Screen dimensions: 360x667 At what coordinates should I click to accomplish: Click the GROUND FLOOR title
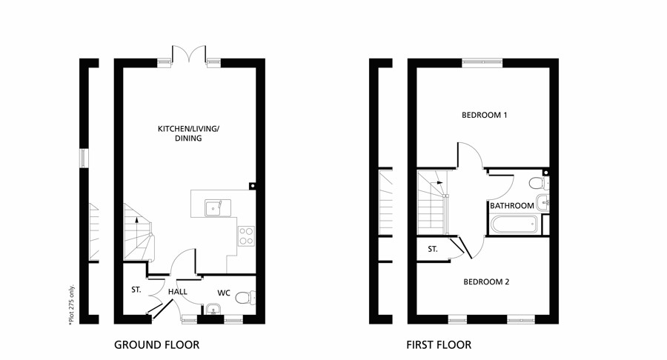click(156, 344)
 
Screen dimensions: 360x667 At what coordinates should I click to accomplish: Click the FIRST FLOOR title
click(438, 344)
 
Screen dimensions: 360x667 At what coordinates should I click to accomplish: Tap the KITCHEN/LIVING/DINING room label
click(188, 133)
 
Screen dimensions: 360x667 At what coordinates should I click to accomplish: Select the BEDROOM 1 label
click(484, 115)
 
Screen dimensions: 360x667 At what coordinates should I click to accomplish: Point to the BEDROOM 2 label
click(485, 281)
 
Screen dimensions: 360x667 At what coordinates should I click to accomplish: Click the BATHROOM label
click(511, 205)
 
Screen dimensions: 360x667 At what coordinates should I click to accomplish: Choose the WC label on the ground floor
click(224, 293)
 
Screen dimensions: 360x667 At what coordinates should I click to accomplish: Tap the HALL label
click(177, 292)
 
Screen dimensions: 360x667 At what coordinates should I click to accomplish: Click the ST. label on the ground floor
click(136, 290)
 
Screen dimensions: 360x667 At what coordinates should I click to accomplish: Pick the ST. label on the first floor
click(432, 249)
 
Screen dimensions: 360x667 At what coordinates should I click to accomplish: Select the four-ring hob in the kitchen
click(246, 236)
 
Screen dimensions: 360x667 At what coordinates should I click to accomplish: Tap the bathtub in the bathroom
click(514, 224)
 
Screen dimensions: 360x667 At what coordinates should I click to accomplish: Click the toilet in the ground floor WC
click(250, 298)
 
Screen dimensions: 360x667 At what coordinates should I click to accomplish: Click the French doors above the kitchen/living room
click(190, 55)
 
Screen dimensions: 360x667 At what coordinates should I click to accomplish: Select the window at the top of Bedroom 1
click(482, 63)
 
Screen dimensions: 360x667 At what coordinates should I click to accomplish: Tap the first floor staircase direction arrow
click(439, 181)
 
